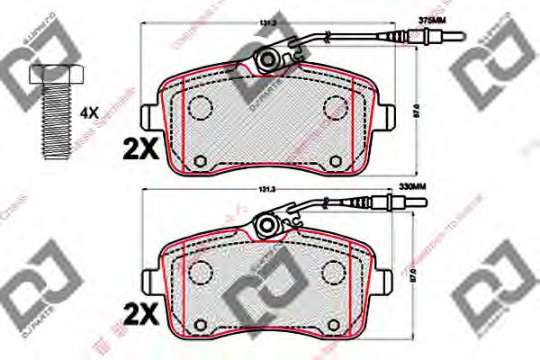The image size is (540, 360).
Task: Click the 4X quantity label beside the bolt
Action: (x=89, y=113)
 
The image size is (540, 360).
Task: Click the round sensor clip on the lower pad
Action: (x=267, y=224)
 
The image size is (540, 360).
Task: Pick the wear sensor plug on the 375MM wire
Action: (x=432, y=39)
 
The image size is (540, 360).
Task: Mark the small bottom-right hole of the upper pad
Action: (x=334, y=162)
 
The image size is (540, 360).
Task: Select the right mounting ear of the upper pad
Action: (x=388, y=117)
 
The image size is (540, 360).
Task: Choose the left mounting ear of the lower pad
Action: (x=152, y=281)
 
